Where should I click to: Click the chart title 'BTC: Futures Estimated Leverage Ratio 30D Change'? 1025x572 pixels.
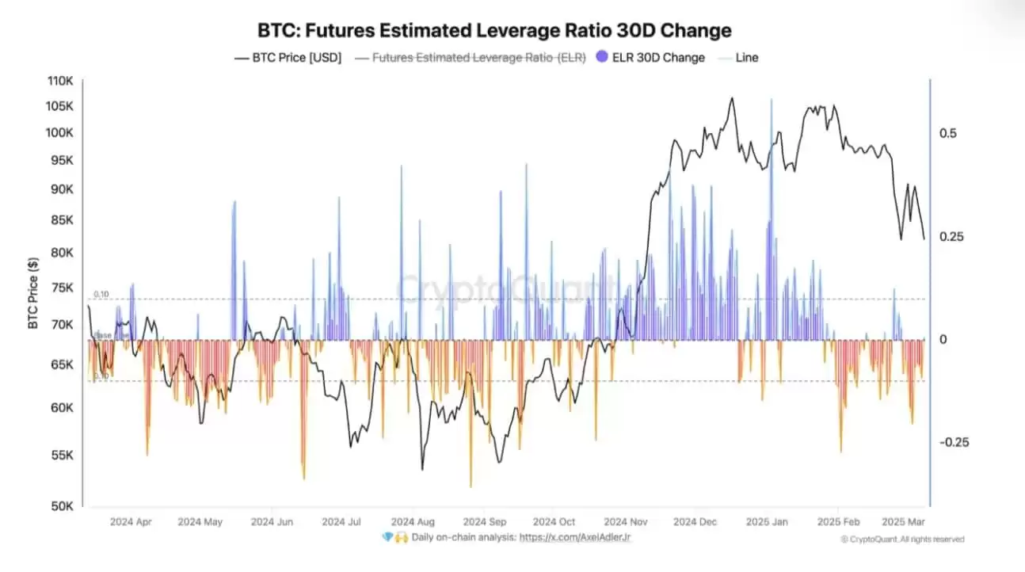[494, 31]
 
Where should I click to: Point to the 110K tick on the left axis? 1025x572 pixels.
[60, 81]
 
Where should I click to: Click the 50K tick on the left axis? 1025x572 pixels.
[63, 506]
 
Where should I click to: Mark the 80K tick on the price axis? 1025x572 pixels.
[63, 253]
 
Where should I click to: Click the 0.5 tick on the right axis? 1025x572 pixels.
[948, 133]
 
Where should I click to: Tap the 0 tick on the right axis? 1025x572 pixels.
[943, 339]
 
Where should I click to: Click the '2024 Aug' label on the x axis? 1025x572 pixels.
[413, 522]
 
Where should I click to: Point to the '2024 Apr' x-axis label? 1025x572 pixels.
[131, 522]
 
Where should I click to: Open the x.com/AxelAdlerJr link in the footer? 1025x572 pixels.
[575, 537]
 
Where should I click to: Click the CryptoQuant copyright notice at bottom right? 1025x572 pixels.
[902, 540]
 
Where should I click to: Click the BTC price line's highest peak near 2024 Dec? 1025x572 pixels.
[731, 98]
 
